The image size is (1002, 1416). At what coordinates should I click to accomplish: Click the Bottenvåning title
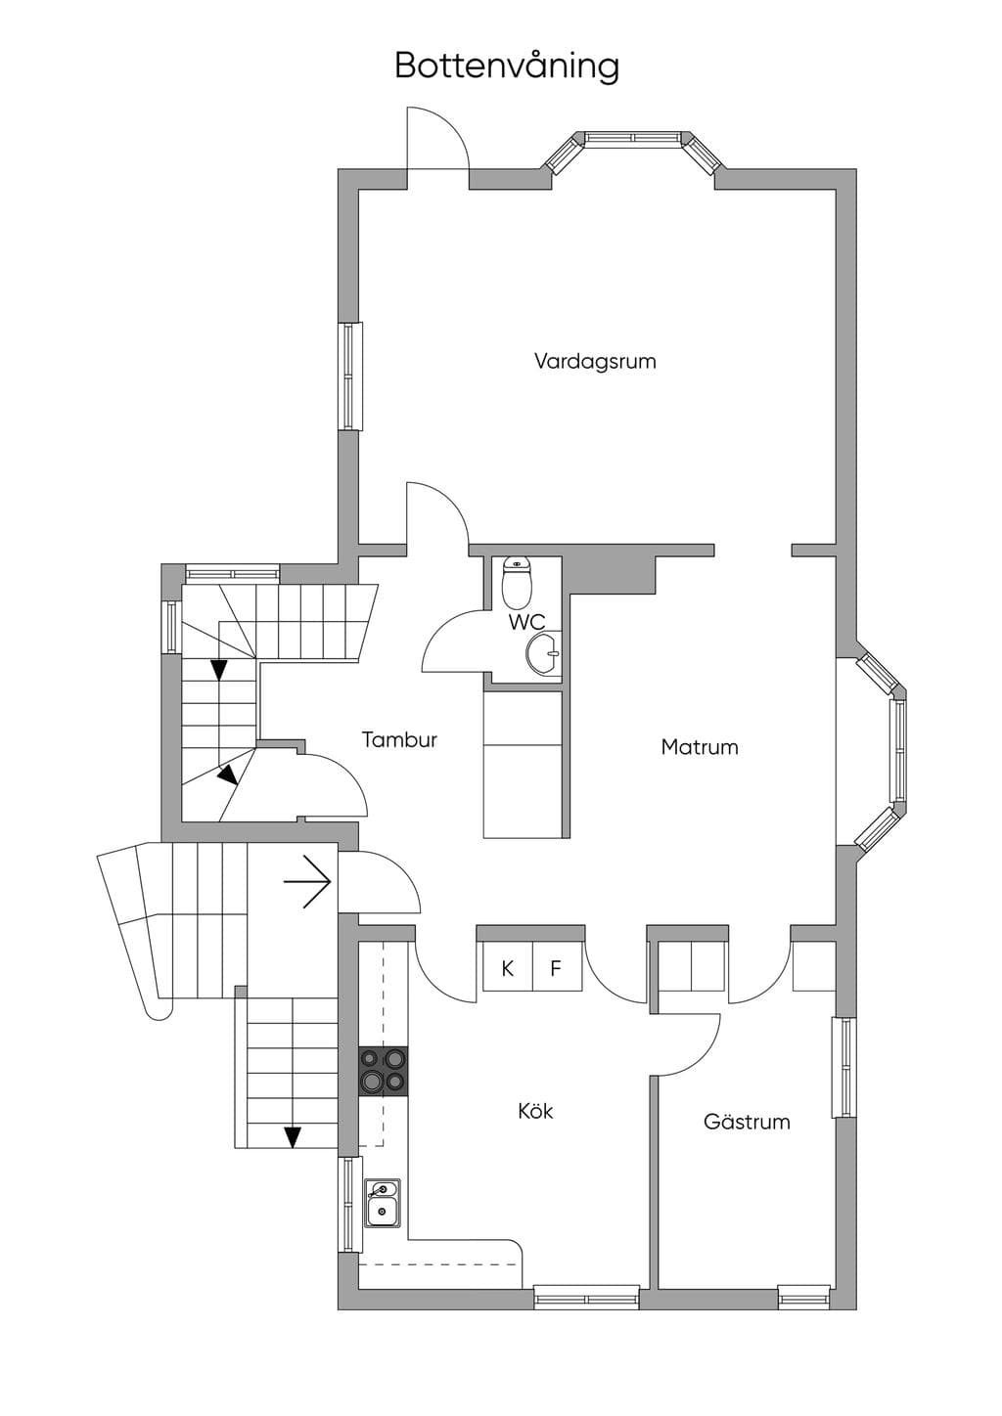(507, 66)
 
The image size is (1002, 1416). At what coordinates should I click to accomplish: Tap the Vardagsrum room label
(595, 362)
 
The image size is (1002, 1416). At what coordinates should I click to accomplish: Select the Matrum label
(700, 747)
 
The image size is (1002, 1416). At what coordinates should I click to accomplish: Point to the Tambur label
(399, 739)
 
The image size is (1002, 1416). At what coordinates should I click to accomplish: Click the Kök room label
(535, 1111)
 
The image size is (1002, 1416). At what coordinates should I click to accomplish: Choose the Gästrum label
(747, 1122)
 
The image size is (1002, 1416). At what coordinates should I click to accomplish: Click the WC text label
(526, 621)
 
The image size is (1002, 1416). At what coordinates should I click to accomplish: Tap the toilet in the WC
(518, 580)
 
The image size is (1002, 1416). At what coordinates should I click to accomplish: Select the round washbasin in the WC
(542, 651)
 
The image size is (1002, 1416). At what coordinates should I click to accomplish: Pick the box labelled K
(507, 968)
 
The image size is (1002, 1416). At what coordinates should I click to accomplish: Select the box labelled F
(557, 968)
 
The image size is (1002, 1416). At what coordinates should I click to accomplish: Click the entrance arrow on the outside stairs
(307, 882)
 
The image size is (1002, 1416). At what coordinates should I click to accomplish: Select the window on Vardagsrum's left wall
(349, 376)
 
